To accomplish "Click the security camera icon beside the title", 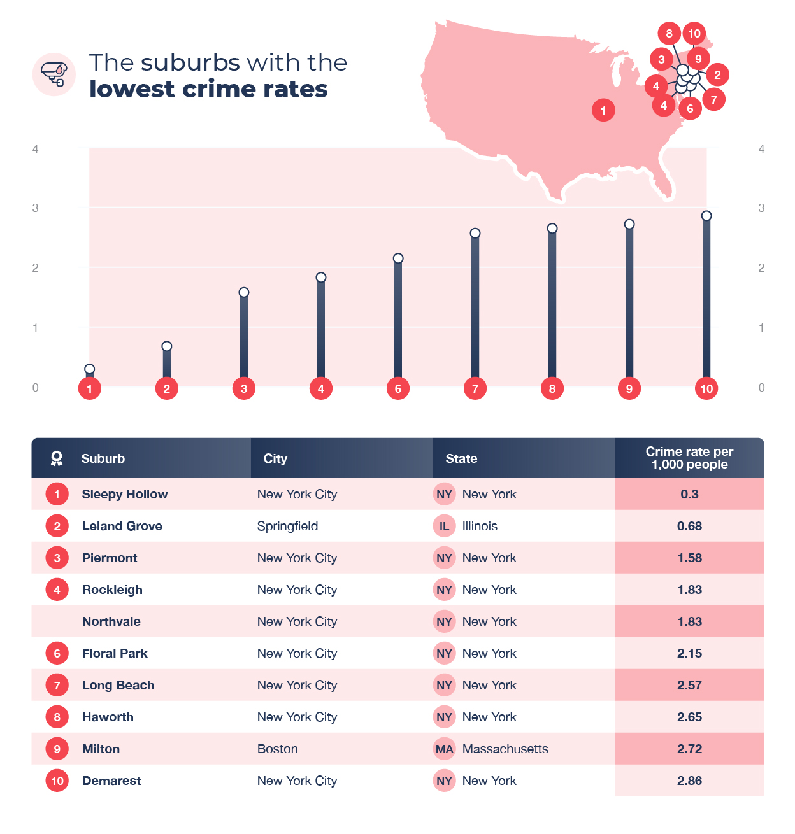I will [54, 74].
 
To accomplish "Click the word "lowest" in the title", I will [132, 89].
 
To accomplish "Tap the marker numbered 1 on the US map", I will [603, 110].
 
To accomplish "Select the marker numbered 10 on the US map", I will [694, 34].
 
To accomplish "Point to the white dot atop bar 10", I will [706, 216].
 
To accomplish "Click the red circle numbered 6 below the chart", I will [398, 388].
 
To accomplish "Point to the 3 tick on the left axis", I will [36, 208].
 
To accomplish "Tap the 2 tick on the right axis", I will [761, 268].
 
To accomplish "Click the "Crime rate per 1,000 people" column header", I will [689, 458].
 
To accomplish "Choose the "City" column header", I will [275, 458].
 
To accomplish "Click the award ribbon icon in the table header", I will [57, 458].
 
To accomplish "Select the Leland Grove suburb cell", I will [122, 526].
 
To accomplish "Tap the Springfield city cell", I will [287, 526].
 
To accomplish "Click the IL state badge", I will [444, 526].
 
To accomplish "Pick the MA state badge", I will [444, 749].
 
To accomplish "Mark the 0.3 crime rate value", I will [689, 494].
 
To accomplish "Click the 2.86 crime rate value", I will [689, 781].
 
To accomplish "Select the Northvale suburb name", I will [111, 621].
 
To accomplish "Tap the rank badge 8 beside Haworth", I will [57, 717].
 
